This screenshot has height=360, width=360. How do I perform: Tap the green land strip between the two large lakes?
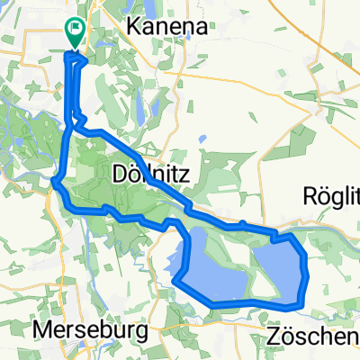tap(249, 270)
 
